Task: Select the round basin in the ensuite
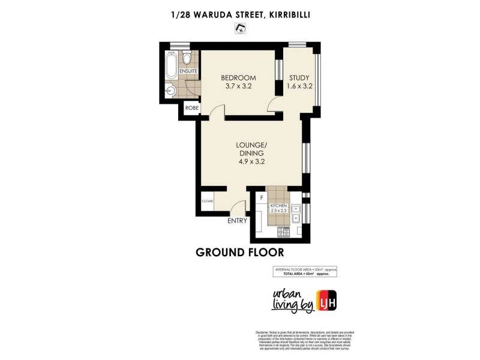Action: tap(171, 91)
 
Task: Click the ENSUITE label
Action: tap(181, 71)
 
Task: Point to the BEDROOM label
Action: tap(238, 78)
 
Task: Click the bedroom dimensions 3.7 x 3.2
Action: tap(238, 86)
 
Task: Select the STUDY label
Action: tap(299, 78)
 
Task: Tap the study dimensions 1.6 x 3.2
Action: tap(299, 86)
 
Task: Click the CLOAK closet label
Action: tap(208, 201)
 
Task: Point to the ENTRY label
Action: tap(238, 221)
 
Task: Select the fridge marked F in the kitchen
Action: tap(261, 197)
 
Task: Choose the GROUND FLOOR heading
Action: tap(239, 252)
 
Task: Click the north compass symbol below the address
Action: tap(241, 28)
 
